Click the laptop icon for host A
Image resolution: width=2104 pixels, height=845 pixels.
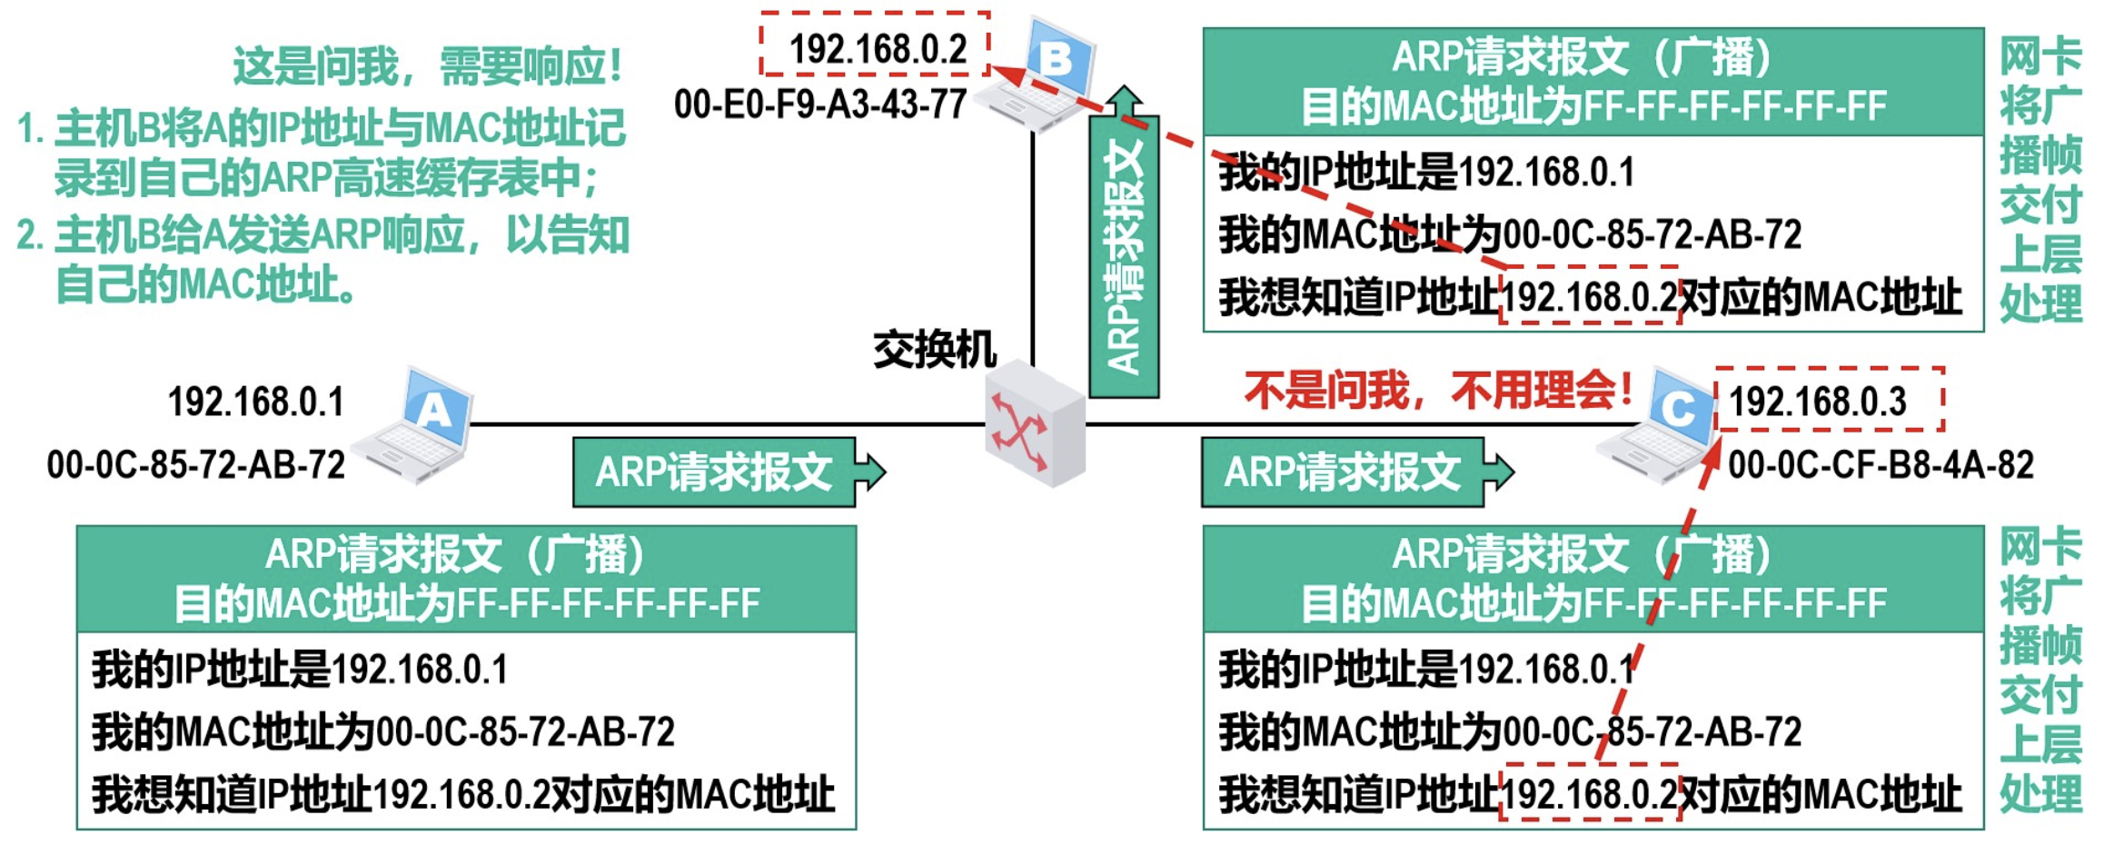tap(416, 425)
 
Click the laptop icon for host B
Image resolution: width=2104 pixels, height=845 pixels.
tap(1040, 77)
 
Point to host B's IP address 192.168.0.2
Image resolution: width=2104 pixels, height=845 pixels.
tap(877, 47)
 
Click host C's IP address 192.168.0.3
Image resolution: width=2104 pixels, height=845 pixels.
tap(1817, 401)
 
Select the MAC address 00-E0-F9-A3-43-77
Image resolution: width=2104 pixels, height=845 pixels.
tap(819, 104)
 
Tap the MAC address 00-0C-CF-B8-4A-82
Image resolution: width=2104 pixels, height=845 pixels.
tap(1880, 464)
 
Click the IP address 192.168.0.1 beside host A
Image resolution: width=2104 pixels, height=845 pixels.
tap(255, 401)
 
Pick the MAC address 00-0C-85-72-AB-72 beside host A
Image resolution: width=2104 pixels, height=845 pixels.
tap(196, 464)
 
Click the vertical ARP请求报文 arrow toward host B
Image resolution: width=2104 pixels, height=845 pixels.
tap(1124, 254)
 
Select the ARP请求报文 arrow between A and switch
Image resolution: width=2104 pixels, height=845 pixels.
tap(718, 472)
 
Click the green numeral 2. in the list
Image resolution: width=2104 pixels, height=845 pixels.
tap(29, 235)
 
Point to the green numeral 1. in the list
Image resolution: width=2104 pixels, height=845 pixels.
tap(29, 128)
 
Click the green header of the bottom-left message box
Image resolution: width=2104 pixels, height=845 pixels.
tap(466, 579)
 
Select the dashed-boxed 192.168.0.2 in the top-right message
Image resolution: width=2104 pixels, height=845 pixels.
tap(1588, 296)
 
